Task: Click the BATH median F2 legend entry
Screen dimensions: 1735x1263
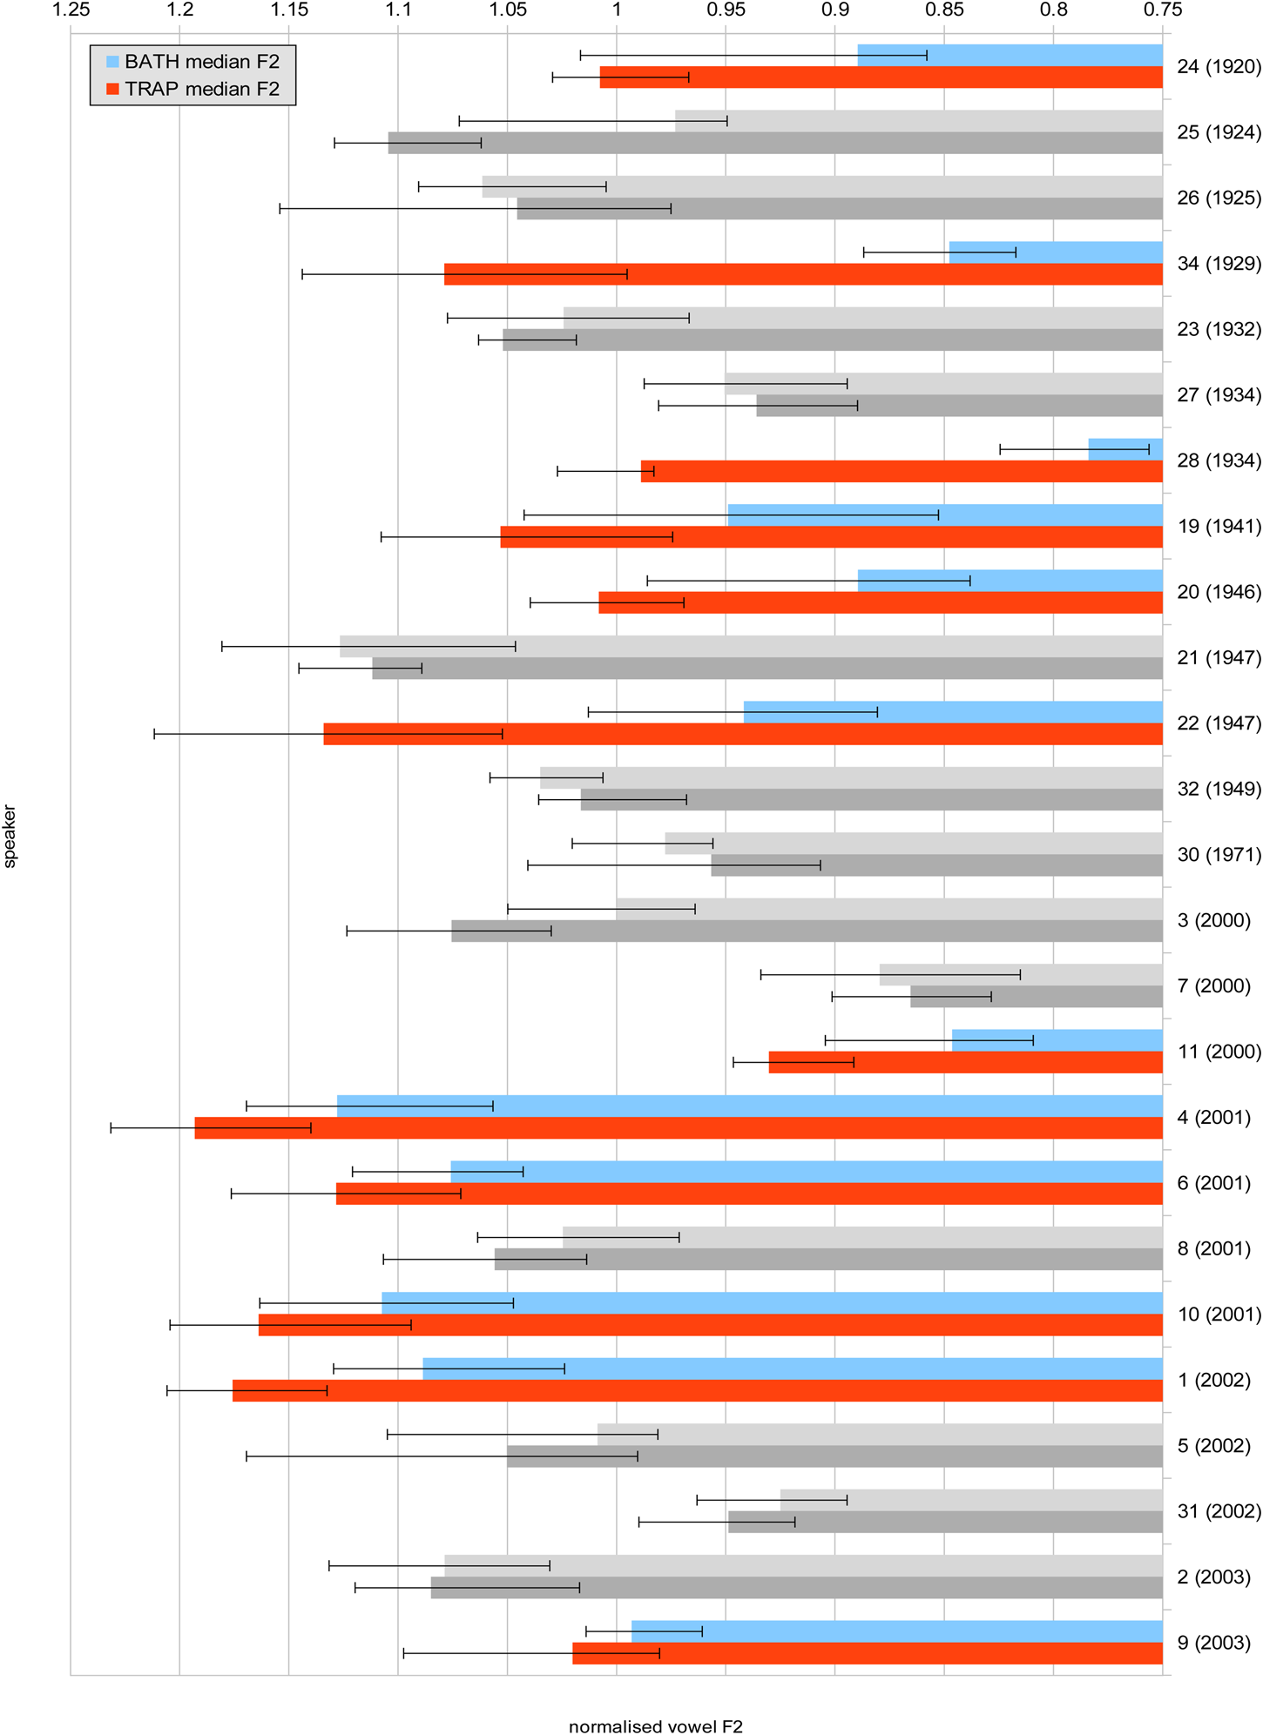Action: tap(192, 62)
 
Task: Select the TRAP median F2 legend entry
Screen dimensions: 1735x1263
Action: tap(192, 89)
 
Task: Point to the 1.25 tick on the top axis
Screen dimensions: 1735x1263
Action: tap(71, 10)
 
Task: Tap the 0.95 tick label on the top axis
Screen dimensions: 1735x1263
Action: tap(726, 10)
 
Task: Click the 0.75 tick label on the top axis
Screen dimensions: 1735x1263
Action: tap(1163, 10)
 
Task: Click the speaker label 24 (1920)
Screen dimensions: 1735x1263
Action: tap(1219, 67)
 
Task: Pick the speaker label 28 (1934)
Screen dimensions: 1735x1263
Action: tap(1219, 461)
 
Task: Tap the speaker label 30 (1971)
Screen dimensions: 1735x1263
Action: tap(1219, 855)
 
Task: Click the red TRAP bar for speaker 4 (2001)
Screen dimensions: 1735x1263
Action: tap(679, 1128)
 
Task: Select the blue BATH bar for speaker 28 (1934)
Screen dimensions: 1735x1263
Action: tap(1125, 449)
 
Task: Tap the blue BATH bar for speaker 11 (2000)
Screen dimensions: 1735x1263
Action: tap(1057, 1040)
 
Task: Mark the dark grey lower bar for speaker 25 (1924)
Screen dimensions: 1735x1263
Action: tap(775, 143)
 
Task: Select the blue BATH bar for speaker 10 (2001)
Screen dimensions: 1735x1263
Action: tap(772, 1303)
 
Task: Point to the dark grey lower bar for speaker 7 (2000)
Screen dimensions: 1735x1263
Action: tap(1037, 997)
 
